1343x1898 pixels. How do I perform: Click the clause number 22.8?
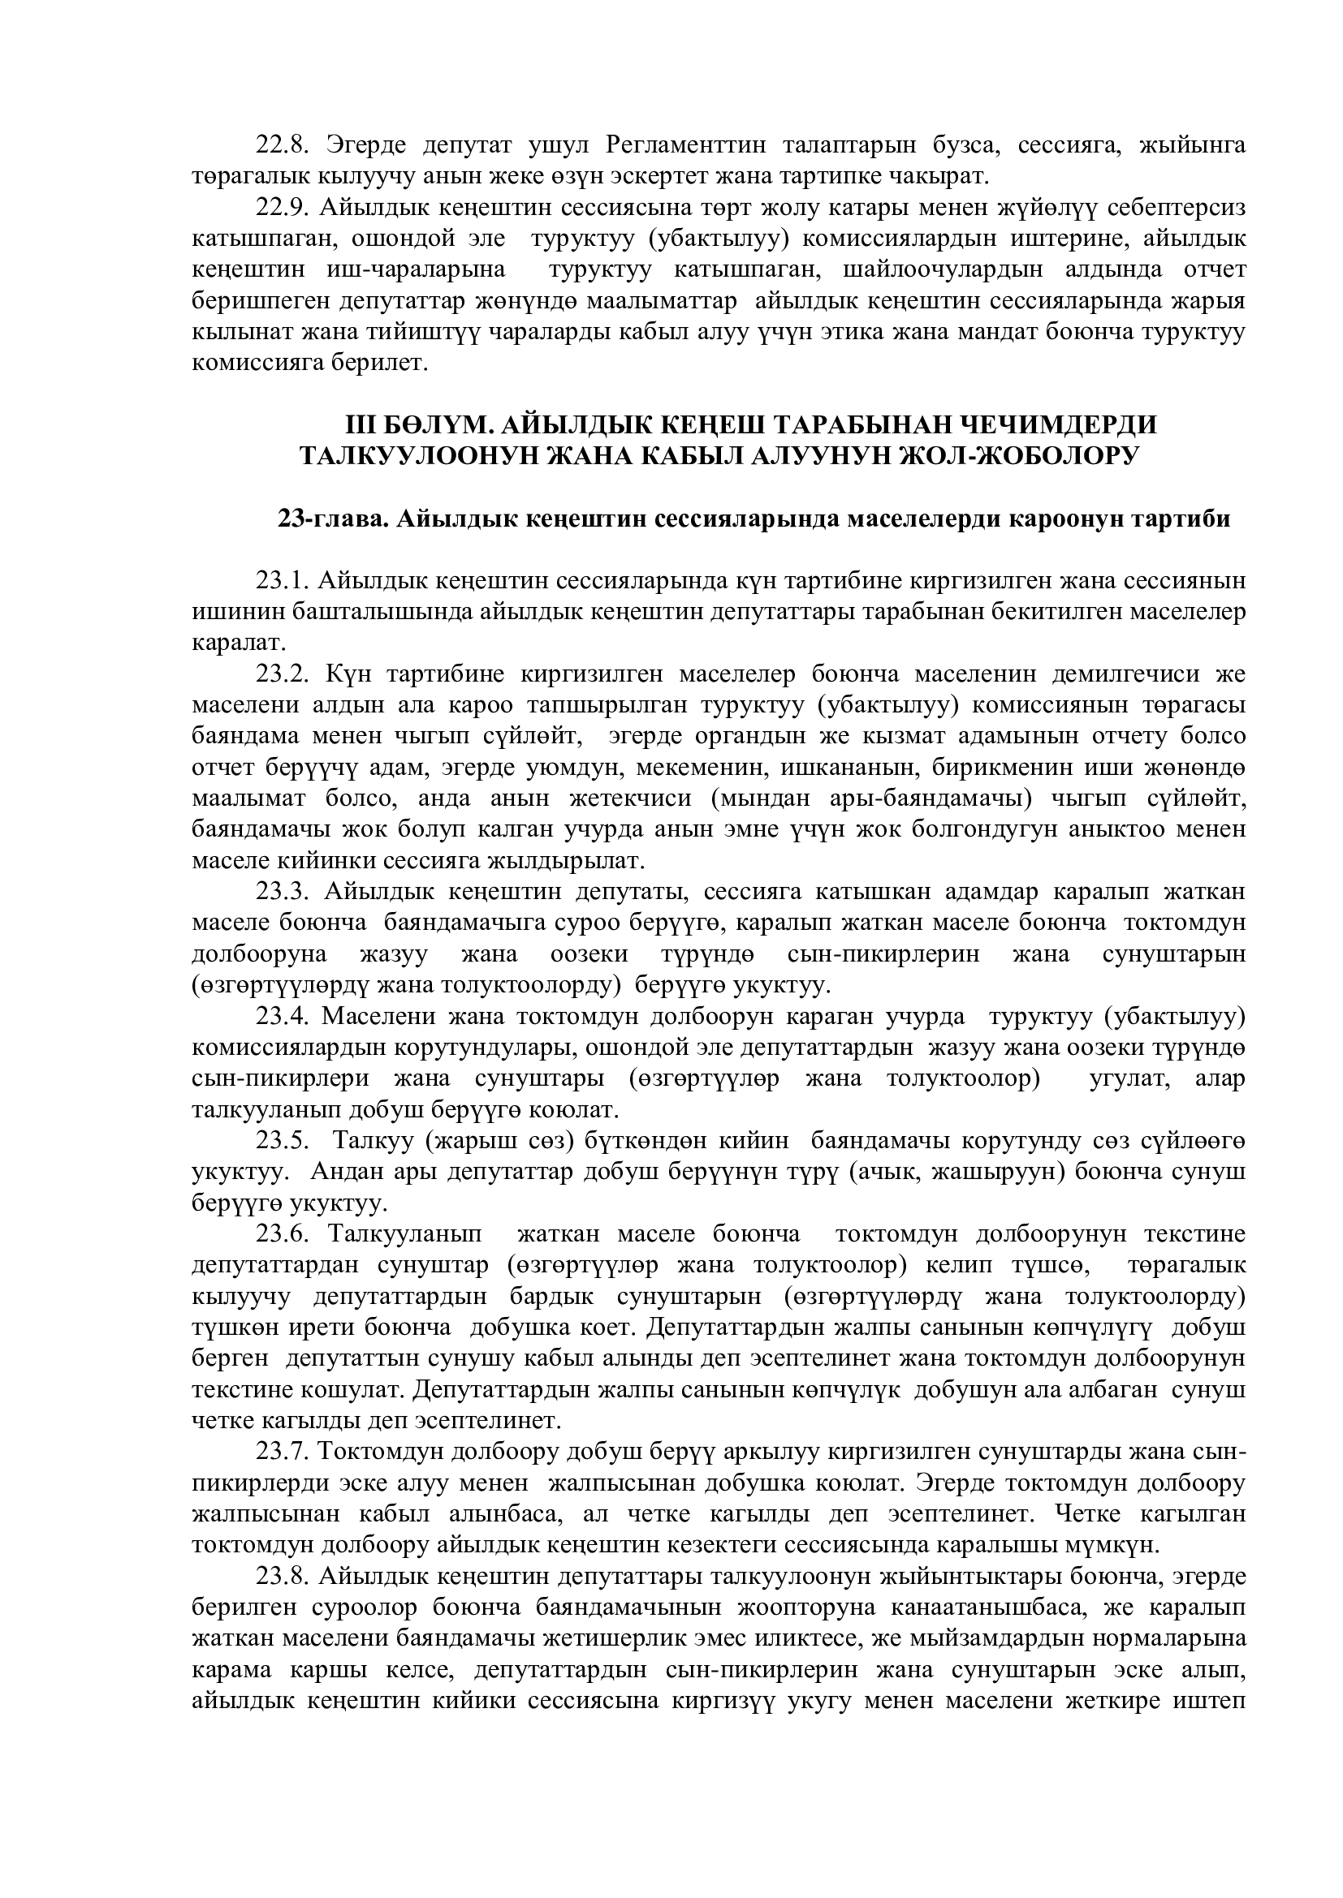point(282,145)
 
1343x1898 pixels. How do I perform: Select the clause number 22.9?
point(282,209)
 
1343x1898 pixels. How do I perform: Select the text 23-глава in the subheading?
point(331,519)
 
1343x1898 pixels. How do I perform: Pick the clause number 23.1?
point(282,581)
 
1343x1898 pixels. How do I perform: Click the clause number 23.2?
point(282,674)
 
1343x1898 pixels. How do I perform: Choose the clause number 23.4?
point(282,1016)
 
